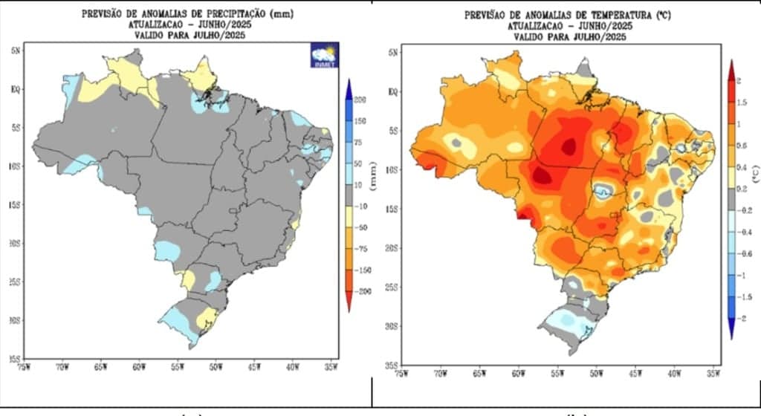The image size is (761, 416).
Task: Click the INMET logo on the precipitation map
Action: [x=324, y=56]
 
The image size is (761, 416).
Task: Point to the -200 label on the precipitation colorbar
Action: [x=363, y=293]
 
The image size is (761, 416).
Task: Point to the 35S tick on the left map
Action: [x=16, y=358]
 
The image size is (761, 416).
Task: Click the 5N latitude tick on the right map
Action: [x=394, y=53]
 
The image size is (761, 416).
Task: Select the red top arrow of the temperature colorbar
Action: [x=731, y=69]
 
